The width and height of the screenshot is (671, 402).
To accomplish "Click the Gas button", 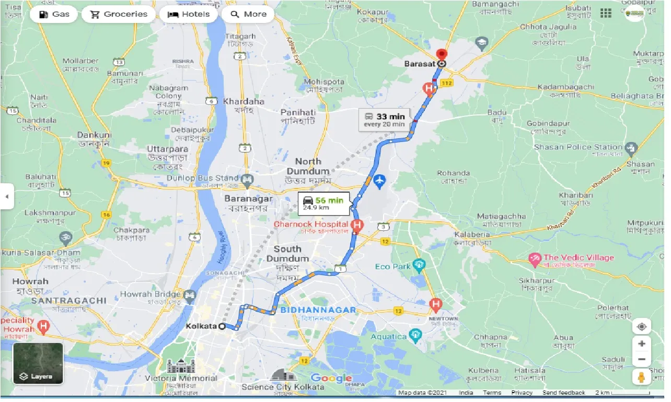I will [x=53, y=14].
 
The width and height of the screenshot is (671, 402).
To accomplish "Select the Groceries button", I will [x=119, y=14].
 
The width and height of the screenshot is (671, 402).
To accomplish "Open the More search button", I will [x=249, y=14].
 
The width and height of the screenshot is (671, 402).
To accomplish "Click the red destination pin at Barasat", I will [x=442, y=55].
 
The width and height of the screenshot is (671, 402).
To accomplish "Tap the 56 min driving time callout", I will [x=323, y=203].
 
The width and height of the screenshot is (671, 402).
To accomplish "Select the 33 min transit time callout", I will [x=384, y=120].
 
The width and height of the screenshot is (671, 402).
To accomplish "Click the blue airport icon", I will [x=380, y=181].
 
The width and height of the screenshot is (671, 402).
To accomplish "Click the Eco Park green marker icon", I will [x=419, y=266].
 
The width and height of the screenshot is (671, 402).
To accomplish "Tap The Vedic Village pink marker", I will [x=535, y=258].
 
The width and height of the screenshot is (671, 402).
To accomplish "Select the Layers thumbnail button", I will [x=38, y=363].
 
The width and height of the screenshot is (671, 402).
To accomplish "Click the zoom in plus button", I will [x=641, y=344].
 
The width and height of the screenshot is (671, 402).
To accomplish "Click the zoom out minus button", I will [x=641, y=360].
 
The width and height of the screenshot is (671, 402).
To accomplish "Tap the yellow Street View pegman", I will [x=641, y=377].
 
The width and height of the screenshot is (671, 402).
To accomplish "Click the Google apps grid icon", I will [x=606, y=13].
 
